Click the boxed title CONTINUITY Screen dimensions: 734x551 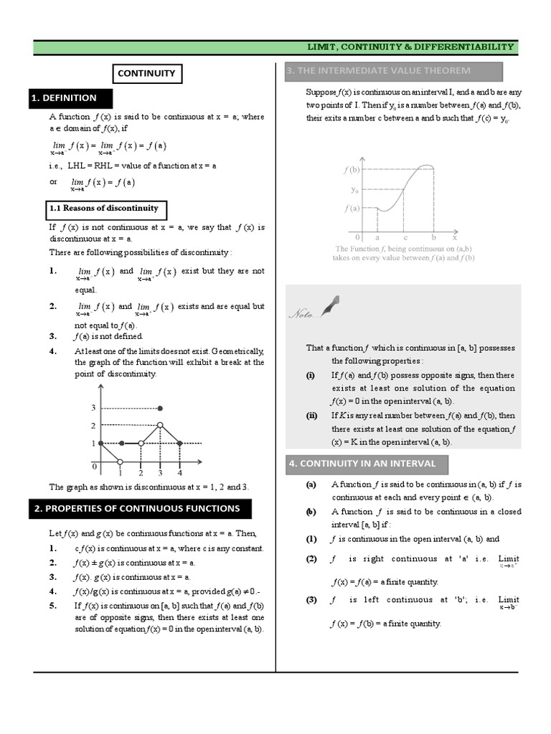(x=146, y=73)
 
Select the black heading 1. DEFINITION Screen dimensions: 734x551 (x=63, y=97)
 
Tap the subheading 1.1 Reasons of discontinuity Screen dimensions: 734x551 (x=103, y=209)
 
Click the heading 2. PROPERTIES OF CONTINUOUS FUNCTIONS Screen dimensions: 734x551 (x=136, y=509)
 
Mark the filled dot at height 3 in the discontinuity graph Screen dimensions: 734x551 (x=161, y=408)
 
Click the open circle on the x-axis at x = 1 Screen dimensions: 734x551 (x=121, y=462)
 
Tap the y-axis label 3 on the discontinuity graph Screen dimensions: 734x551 (x=93, y=408)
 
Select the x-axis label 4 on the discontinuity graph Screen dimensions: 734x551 (x=180, y=473)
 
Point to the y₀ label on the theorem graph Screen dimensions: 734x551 (x=354, y=190)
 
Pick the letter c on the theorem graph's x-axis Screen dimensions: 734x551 (x=405, y=236)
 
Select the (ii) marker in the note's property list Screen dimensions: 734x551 (x=311, y=416)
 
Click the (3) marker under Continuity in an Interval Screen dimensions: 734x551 (x=311, y=600)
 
